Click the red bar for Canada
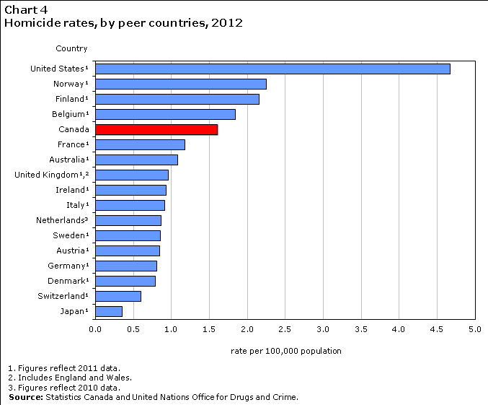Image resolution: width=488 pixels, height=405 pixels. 156,129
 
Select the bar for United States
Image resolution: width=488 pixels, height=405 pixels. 272,69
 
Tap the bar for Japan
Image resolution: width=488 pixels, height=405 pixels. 109,311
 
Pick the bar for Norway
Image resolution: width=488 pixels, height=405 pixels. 180,84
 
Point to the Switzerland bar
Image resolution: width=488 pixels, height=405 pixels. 118,296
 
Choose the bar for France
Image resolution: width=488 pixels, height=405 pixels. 140,144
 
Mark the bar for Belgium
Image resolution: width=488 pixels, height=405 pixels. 165,114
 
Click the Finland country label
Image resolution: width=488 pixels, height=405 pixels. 71,99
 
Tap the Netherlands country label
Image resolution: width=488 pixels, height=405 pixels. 62,220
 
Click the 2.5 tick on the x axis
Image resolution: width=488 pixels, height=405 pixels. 285,329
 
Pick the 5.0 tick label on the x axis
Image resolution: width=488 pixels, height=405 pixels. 474,329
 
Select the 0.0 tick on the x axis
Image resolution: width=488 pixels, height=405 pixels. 95,329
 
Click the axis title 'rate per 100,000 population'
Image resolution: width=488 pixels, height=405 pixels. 285,351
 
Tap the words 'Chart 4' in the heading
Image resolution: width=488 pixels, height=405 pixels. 21,10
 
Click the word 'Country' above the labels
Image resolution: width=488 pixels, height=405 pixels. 71,48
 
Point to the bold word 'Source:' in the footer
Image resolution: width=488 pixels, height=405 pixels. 26,397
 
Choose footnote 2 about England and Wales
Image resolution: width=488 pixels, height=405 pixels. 69,377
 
